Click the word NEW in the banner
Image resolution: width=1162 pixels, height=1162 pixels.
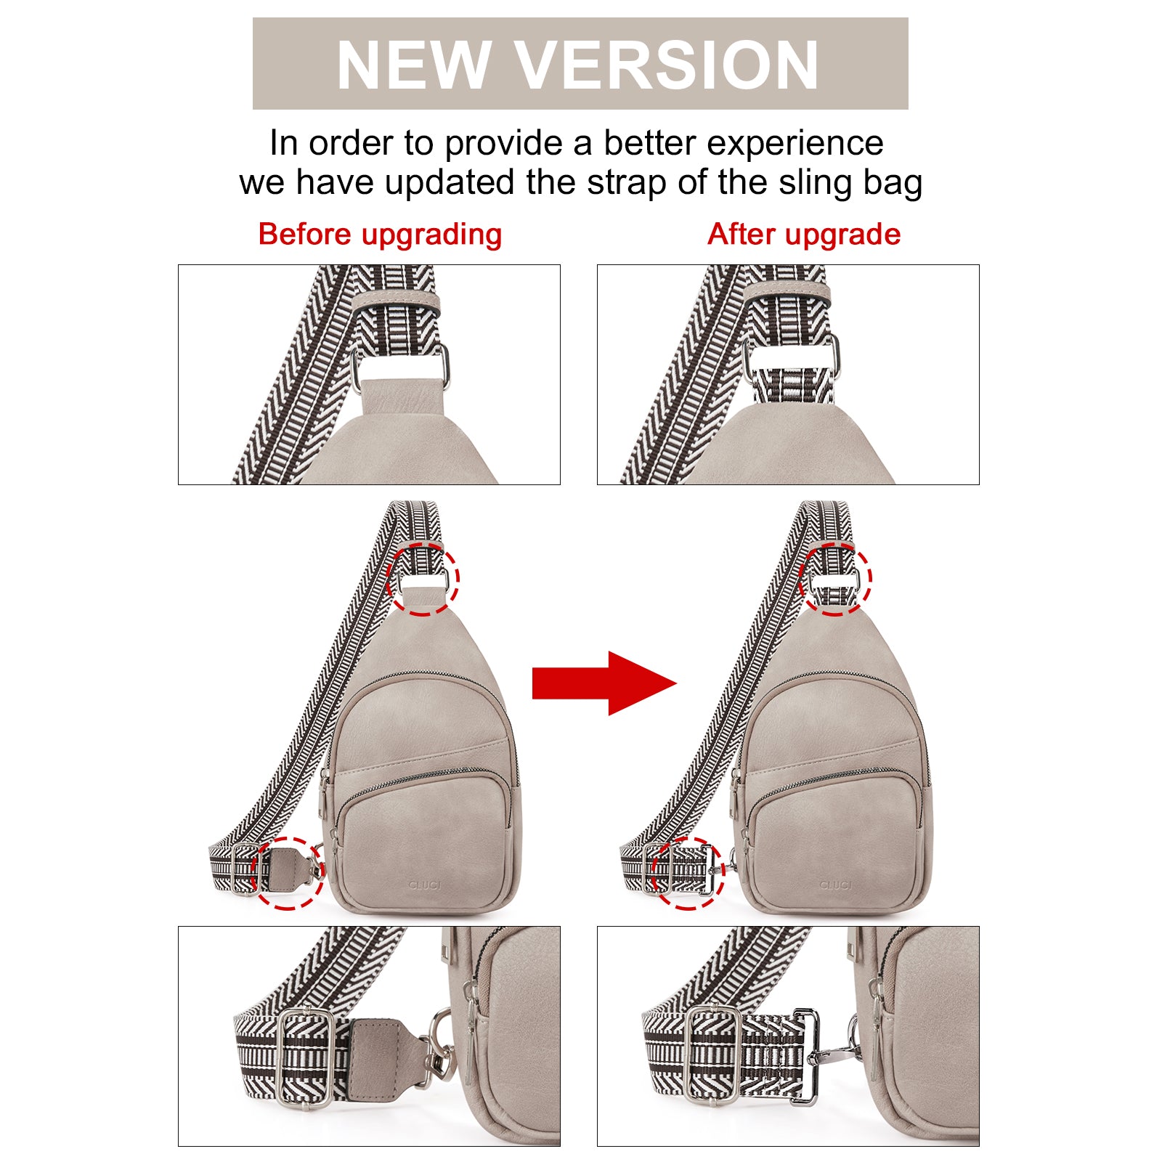point(414,64)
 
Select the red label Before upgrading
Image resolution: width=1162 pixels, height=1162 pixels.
point(380,235)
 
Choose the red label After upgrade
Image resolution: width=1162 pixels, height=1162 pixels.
point(804,235)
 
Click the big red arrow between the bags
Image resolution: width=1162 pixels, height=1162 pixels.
point(604,683)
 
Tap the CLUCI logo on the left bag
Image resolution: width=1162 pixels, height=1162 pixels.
point(425,885)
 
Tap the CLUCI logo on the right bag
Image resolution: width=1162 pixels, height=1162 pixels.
point(835,885)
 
